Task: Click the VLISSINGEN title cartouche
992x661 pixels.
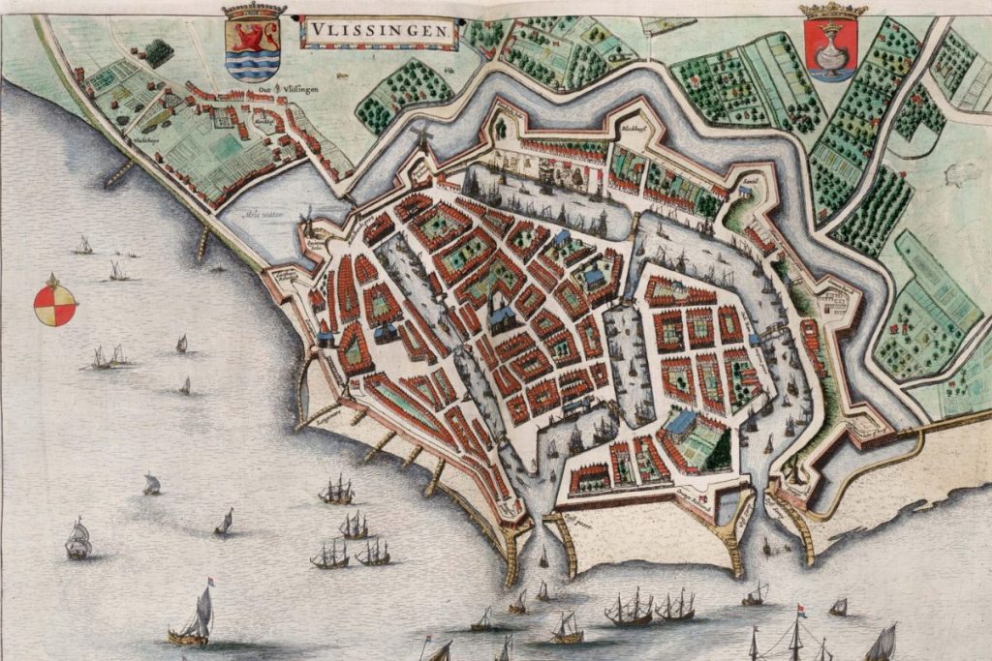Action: tap(381, 33)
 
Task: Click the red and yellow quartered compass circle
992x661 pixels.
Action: tap(55, 302)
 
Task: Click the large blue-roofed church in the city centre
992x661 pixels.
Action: tap(502, 316)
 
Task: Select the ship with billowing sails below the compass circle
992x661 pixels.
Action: tap(78, 538)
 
